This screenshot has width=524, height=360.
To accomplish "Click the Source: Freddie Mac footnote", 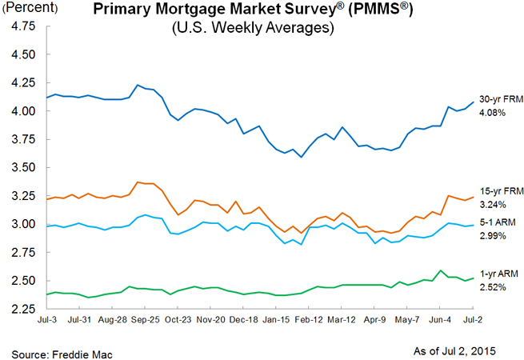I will tap(56, 350).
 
